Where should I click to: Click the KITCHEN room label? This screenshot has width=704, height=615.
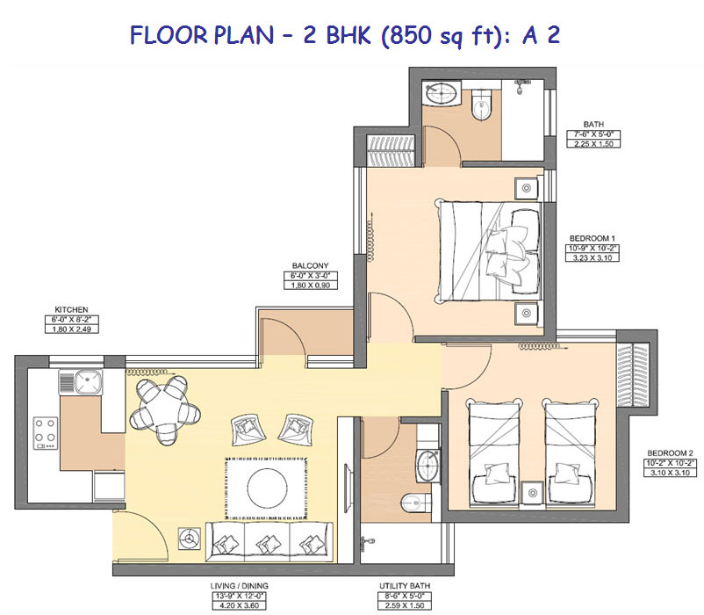71,309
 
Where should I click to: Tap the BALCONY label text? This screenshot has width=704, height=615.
310,265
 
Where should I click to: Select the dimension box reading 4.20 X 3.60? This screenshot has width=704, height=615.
239,605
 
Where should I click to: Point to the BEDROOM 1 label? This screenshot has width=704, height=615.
593,238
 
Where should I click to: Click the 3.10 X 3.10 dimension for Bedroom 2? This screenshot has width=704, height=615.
671,473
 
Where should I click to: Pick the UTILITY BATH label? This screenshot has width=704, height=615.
405,586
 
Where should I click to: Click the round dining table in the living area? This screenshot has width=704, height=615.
163,410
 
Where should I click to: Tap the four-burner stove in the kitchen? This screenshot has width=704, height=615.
46,433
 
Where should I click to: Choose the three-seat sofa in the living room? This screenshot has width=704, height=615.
269,541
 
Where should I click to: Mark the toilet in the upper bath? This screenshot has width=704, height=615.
482,104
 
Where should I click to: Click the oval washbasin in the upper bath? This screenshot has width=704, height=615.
442,93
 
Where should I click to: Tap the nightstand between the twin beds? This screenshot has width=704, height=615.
533,493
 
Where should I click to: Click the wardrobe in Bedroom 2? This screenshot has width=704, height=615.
633,375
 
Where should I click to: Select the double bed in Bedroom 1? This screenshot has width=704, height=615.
489,250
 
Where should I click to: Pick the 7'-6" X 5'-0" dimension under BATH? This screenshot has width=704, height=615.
593,134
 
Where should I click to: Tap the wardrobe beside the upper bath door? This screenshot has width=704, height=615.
390,150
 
